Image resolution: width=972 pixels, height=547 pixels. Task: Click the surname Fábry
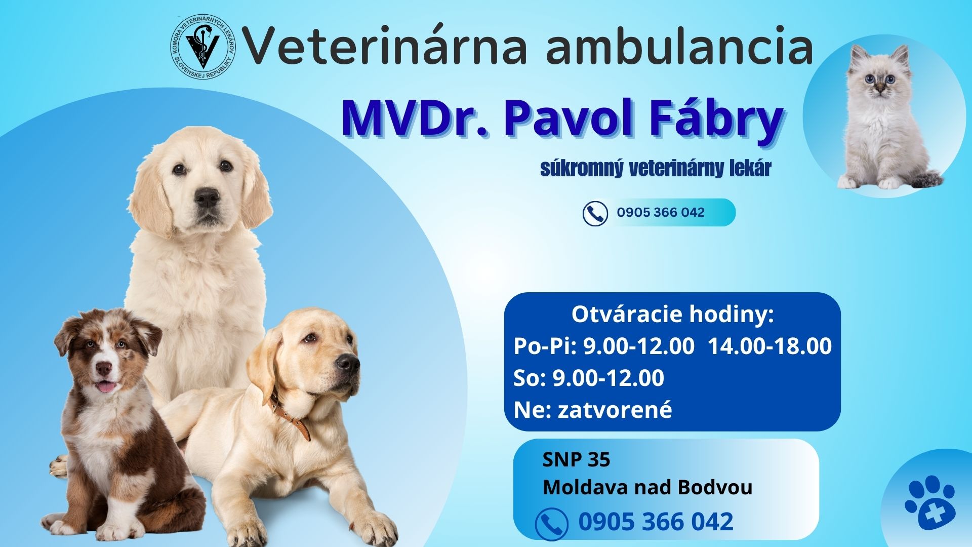(x=700, y=120)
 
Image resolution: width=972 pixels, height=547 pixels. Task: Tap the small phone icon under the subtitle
(x=595, y=213)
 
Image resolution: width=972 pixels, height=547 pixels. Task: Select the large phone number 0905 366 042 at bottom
(x=656, y=522)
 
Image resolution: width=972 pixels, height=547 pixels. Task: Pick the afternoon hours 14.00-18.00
(x=769, y=346)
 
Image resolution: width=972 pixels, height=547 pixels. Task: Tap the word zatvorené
(x=615, y=410)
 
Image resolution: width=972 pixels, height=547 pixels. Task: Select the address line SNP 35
(x=576, y=460)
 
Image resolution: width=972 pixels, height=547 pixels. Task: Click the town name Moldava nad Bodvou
(x=647, y=488)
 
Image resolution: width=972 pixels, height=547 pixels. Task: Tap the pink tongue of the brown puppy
(x=106, y=387)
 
